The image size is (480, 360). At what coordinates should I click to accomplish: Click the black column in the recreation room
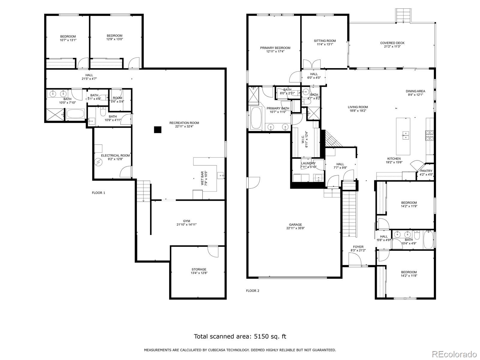pos(158,130)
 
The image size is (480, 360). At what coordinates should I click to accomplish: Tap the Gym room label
pos(187,221)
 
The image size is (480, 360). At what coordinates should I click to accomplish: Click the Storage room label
pos(199,269)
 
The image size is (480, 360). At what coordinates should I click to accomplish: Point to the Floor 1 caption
pos(98,193)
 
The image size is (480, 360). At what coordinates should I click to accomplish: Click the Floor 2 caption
pos(253,291)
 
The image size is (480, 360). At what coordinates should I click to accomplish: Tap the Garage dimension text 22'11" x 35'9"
pos(295,228)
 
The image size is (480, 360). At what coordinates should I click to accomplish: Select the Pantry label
pos(426,171)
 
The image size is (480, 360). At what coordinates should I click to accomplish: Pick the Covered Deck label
pos(392,43)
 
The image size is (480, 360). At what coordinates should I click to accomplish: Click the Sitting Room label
pos(325,41)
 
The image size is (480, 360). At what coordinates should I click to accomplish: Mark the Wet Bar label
pos(202,178)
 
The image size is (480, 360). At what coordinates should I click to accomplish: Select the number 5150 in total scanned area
pos(261,336)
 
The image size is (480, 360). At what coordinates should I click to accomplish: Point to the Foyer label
pos(358,247)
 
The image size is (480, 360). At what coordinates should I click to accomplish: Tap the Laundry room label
pos(308,163)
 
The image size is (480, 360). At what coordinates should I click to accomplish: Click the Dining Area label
pos(415,91)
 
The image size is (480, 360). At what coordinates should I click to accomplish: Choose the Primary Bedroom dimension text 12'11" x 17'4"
pos(275,51)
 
